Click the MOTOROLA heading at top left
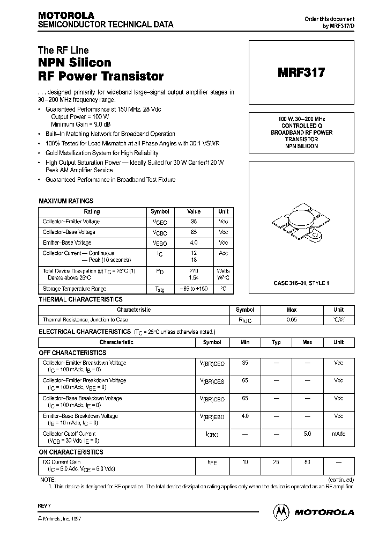pos(66,15)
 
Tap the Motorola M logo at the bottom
pos(280,511)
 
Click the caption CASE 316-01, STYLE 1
pos(301,282)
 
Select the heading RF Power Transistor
pos(101,76)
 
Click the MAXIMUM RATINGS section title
pos(66,201)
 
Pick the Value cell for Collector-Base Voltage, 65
pos(194,232)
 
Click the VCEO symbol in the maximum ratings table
pos(160,222)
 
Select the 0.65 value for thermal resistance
pos(292,320)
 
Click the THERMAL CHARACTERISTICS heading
pos(80,299)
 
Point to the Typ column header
pos(276,342)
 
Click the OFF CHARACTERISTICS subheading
pos(72,353)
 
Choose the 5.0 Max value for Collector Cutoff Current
pos(307,434)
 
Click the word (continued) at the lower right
pos(340,479)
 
